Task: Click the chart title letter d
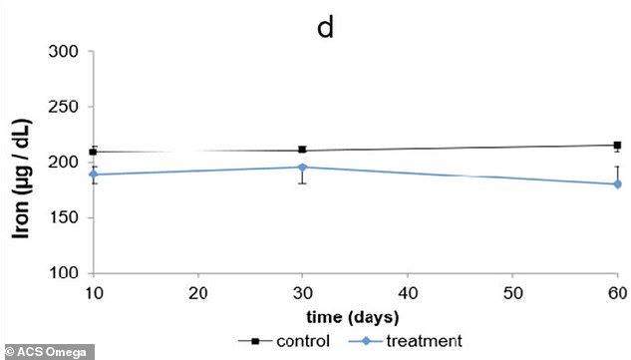[x=325, y=27]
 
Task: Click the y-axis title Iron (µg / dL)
[x=18, y=162]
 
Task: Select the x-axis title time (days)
[x=354, y=317]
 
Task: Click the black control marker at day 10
[x=94, y=152]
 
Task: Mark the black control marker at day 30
[x=302, y=150]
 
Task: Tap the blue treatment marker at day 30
[x=302, y=167]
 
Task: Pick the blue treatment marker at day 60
[x=617, y=183]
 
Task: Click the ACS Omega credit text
[x=48, y=351]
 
